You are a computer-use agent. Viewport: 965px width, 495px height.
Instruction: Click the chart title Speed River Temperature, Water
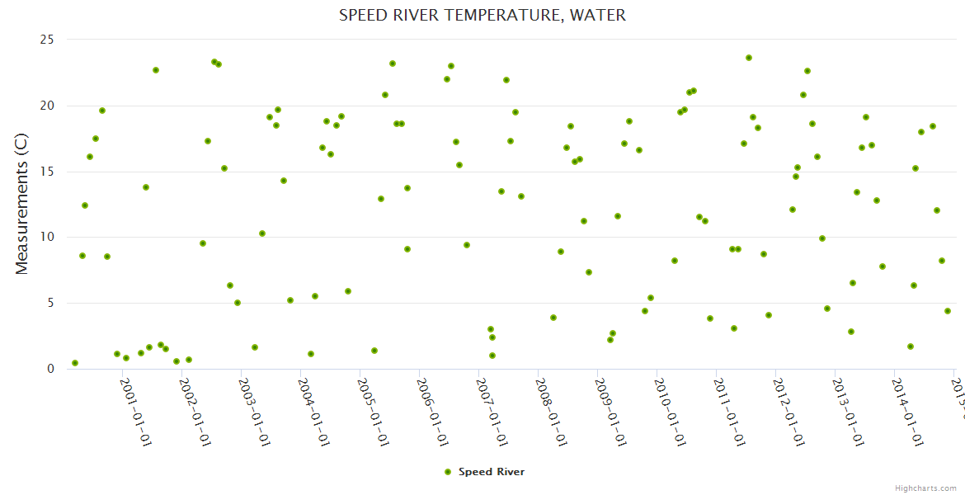(482, 15)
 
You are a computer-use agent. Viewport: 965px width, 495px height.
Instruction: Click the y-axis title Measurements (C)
(22, 204)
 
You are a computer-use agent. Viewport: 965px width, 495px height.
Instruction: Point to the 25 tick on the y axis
(47, 40)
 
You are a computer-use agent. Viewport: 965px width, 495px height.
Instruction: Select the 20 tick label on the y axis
(47, 106)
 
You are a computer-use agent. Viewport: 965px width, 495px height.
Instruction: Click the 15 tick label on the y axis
(47, 172)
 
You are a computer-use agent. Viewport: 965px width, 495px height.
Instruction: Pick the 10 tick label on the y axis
(47, 237)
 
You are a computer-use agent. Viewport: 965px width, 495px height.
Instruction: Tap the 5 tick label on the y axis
(50, 303)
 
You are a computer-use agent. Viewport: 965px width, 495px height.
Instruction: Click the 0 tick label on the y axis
(50, 369)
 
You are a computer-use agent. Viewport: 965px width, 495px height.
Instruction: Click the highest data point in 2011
(749, 58)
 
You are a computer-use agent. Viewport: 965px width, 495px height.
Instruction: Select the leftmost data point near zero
(75, 363)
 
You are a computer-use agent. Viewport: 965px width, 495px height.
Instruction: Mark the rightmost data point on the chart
(948, 311)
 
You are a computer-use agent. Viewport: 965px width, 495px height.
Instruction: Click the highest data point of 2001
(156, 70)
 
